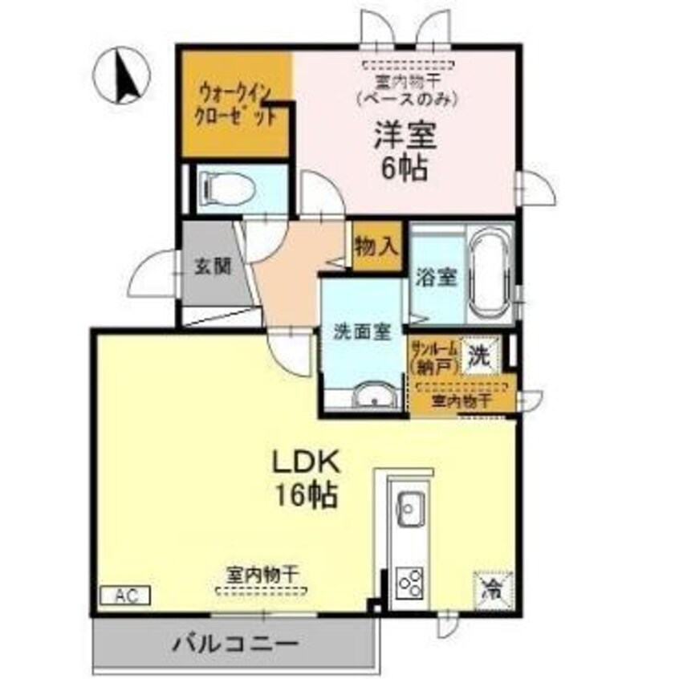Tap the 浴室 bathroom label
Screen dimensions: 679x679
pyautogui.click(x=437, y=278)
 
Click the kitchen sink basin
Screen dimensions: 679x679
pyautogui.click(x=412, y=507)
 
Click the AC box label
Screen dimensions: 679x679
pyautogui.click(x=124, y=596)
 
